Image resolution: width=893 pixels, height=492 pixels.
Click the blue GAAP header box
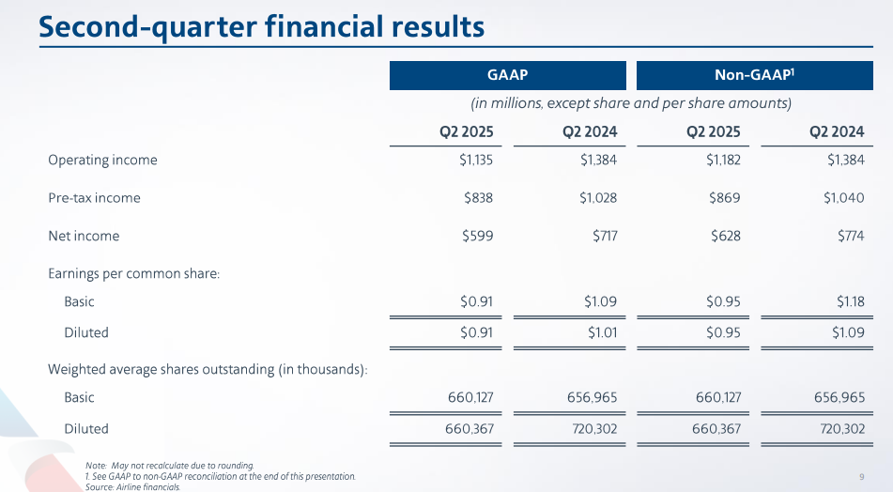coord(508,75)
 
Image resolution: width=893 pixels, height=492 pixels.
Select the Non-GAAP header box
coord(756,75)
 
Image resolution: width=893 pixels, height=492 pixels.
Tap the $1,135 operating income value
coord(470,160)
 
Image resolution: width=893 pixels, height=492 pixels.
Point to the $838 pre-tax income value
coord(478,198)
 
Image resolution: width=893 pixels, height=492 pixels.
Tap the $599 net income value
coord(478,236)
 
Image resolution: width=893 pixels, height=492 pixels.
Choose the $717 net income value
coord(602,236)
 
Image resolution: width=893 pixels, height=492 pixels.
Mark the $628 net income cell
coord(725,236)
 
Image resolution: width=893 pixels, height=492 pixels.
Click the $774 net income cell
coord(849,236)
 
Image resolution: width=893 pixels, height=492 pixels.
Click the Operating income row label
coord(102,160)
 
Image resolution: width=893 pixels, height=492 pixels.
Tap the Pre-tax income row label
coord(94,198)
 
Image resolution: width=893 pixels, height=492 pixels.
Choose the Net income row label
coord(84,236)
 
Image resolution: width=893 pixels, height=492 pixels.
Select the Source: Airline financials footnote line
coord(131,487)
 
